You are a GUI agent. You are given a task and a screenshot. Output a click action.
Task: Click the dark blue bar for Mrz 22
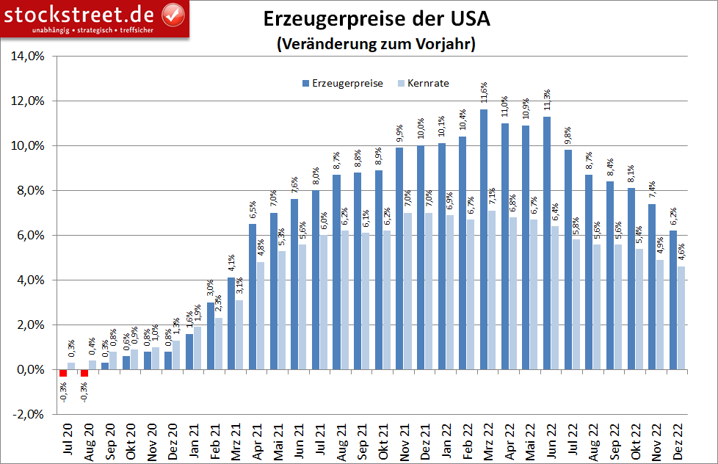484,239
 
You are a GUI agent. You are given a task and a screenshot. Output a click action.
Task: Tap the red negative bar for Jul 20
63,373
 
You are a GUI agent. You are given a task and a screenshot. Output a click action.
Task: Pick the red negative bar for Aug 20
84,373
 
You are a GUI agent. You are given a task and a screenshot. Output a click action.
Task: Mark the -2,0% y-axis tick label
27,415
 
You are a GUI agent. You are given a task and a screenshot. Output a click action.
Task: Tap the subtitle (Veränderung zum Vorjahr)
377,44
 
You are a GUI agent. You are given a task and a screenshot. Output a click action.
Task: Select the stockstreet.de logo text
81,14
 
